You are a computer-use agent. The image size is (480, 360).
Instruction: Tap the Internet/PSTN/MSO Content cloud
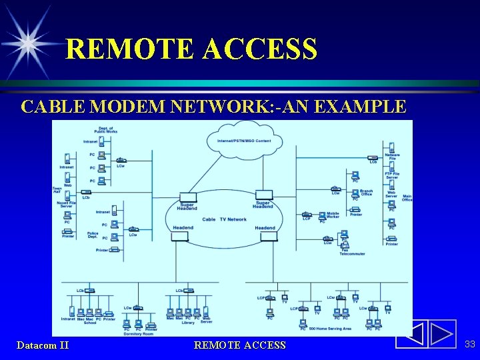[x=244, y=141]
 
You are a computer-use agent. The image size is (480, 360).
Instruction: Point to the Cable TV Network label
[x=224, y=219]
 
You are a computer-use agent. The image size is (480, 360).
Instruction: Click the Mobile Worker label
[x=333, y=216]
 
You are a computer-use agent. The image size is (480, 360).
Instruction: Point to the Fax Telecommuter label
[x=352, y=252]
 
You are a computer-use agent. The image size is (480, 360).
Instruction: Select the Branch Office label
[x=366, y=192]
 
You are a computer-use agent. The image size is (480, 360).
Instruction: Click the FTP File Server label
[x=392, y=175]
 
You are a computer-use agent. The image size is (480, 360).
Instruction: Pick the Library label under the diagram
[x=188, y=323]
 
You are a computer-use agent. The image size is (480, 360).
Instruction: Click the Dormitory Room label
[x=138, y=333]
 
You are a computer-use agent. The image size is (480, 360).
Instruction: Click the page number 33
[x=469, y=344]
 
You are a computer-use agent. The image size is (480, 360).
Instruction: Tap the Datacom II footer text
[x=43, y=345]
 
